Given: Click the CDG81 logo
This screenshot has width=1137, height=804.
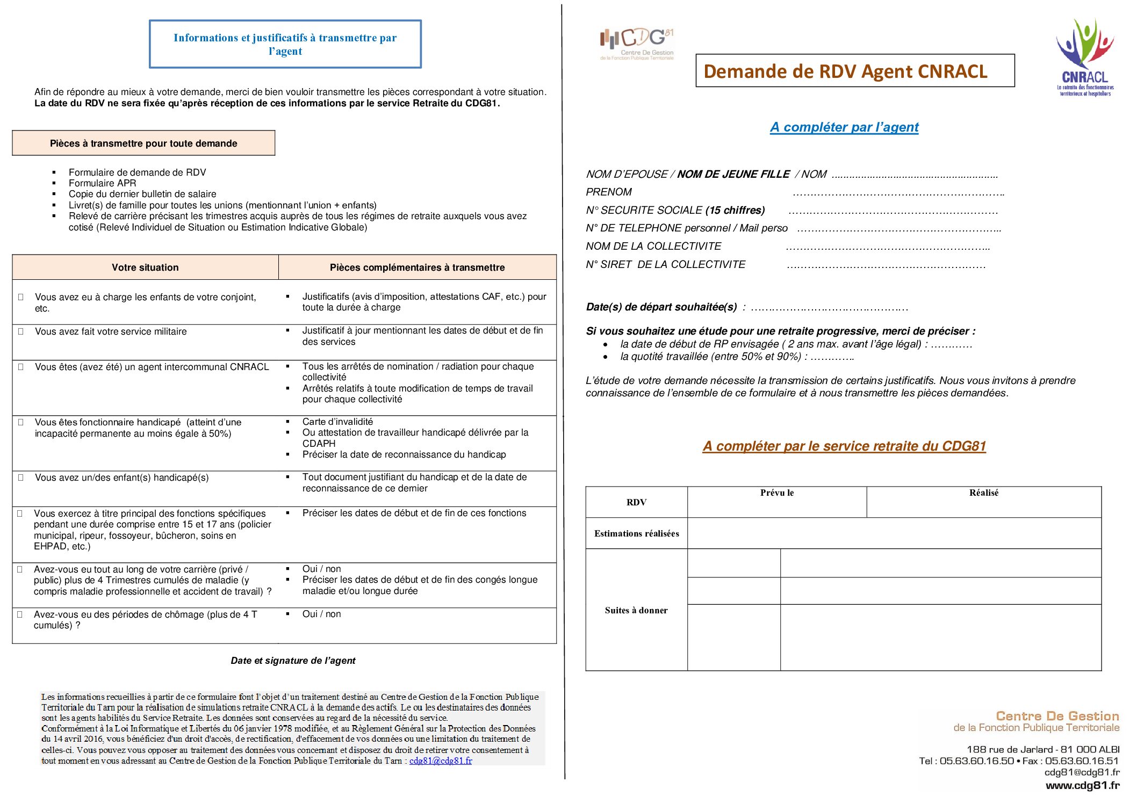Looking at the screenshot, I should coord(637,44).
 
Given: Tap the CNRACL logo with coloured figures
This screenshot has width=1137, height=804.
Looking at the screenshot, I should coord(1085,58).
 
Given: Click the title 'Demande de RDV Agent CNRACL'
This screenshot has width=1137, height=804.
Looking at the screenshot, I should coord(845,71).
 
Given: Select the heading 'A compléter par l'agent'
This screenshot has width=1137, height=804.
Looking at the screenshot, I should coord(844,127).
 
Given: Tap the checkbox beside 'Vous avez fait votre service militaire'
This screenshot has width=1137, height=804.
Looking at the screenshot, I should coord(21,331).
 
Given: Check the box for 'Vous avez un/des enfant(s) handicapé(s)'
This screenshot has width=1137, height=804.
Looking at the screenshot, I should coord(21,477).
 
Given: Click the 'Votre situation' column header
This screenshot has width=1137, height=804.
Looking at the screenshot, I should coord(145,267).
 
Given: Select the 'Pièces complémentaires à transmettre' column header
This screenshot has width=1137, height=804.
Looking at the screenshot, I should coord(417,267).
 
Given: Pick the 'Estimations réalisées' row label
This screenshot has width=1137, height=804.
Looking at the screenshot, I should coord(636,533).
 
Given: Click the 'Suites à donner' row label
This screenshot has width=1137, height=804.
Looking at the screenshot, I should coord(636,610).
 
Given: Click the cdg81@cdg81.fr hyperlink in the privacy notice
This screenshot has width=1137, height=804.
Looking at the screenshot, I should coord(440,760).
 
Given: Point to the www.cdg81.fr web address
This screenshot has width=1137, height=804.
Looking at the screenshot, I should coord(1082,785).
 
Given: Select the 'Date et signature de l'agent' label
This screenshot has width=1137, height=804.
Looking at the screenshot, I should coord(293,661).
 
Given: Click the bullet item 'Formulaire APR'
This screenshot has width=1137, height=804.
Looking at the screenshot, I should coord(102,183).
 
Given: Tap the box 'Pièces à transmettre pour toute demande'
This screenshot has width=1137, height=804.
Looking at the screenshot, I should coord(143,143).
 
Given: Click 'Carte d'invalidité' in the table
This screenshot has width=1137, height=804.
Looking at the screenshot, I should coord(337,422).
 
